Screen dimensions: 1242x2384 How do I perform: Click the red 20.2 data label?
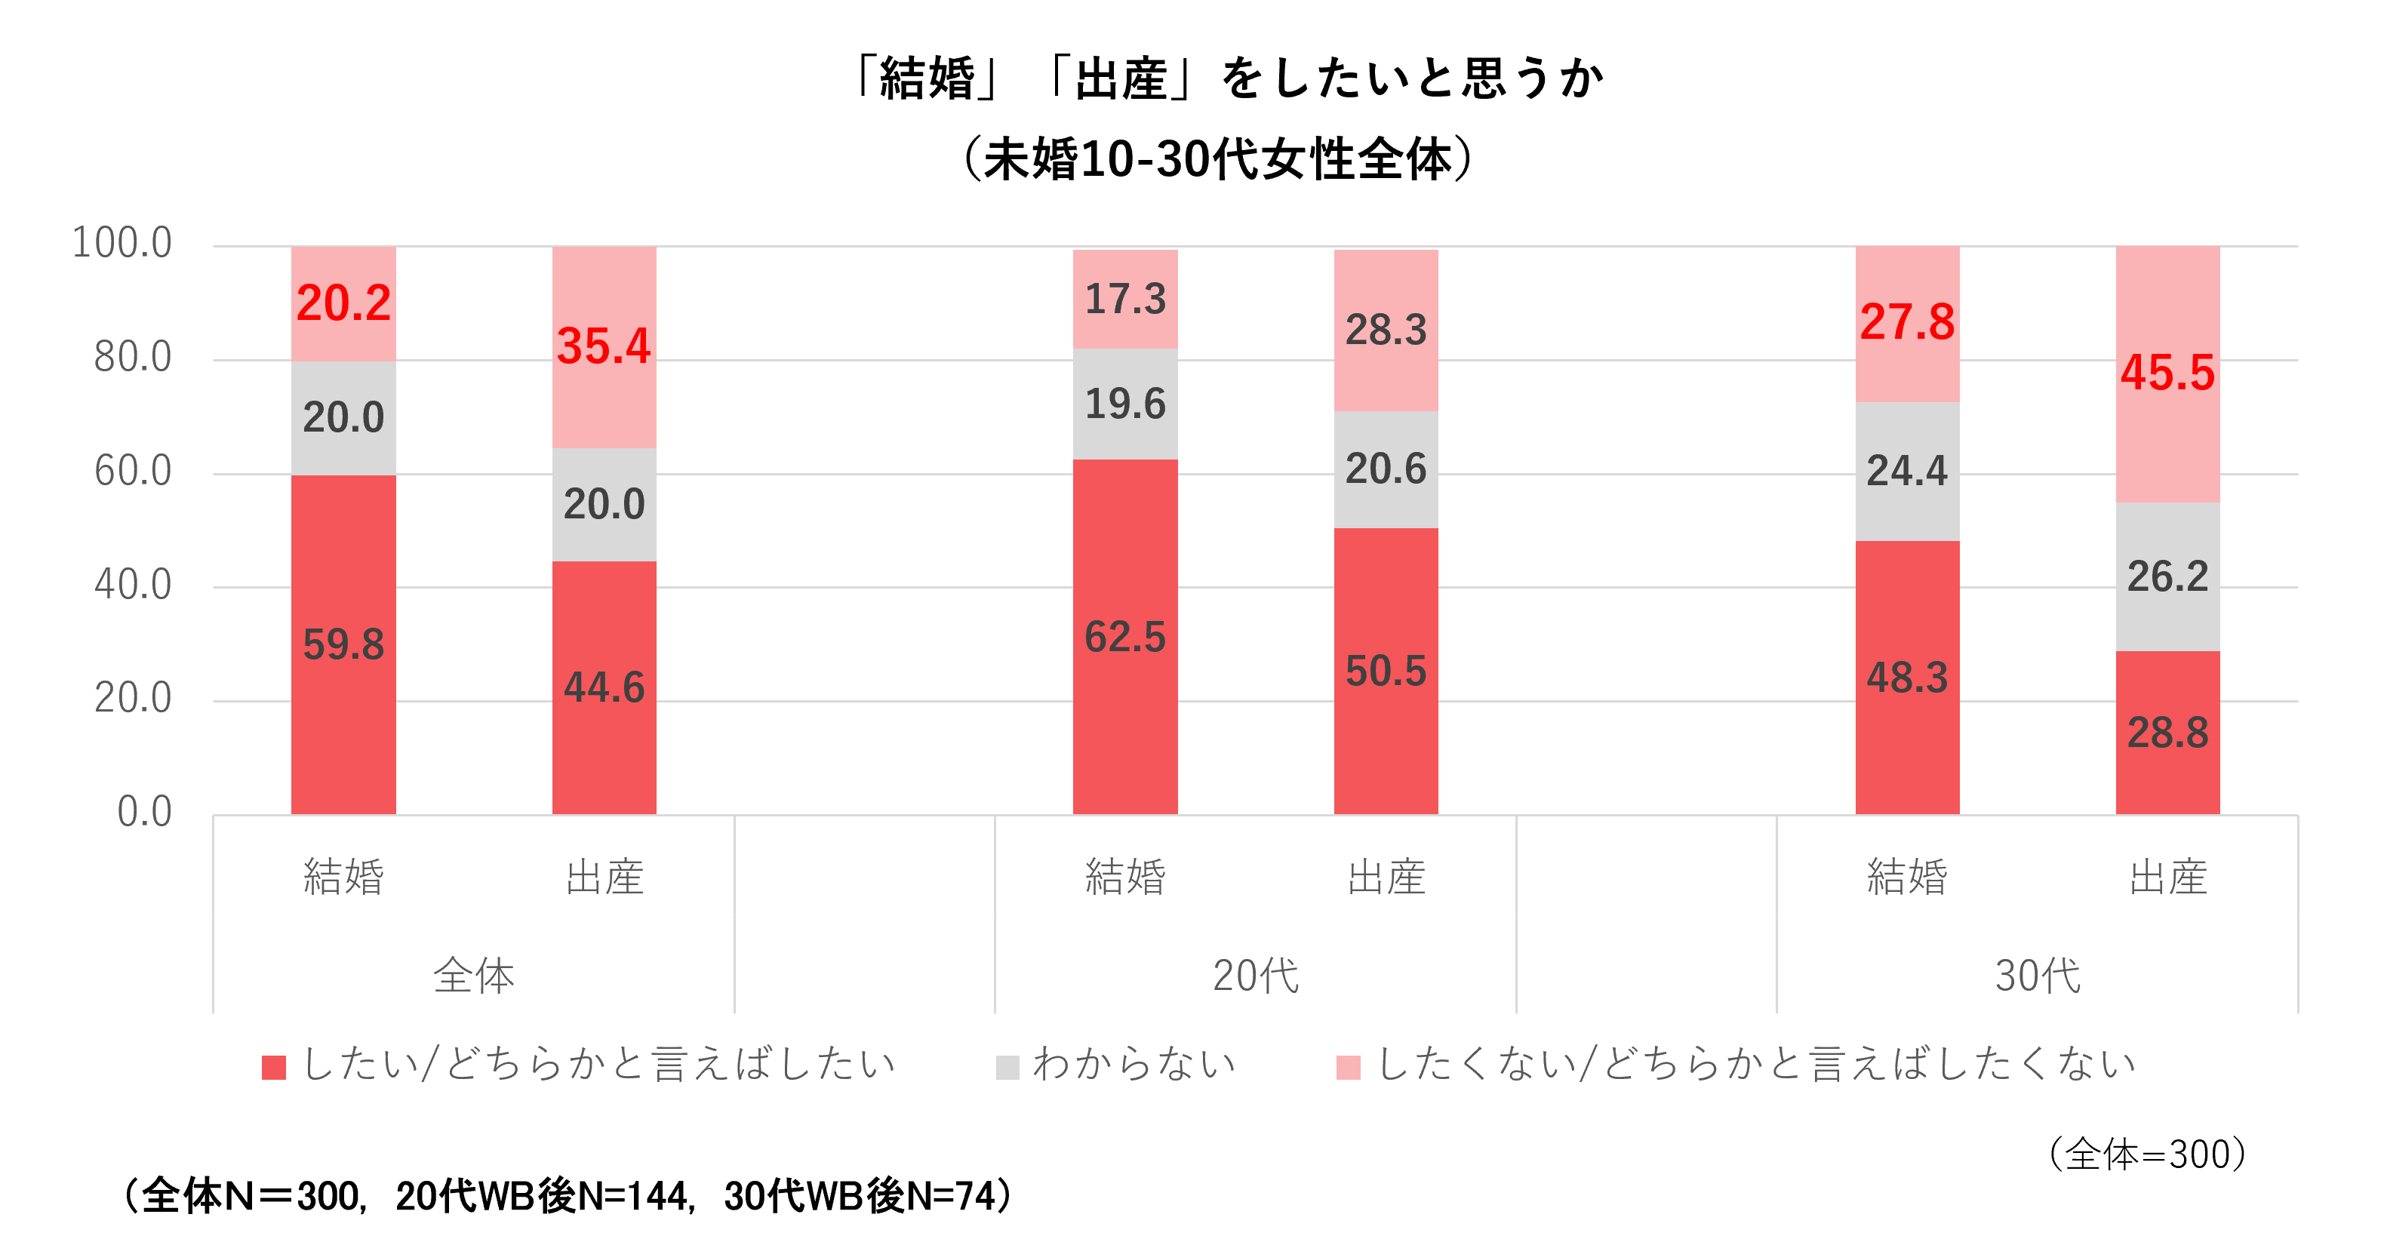343,303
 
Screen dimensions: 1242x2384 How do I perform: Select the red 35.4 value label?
604,346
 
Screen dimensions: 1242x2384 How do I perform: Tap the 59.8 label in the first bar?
343,644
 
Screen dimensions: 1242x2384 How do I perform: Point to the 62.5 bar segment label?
1124,637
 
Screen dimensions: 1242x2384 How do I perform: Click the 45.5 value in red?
2167,373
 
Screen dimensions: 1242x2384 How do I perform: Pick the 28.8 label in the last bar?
2167,733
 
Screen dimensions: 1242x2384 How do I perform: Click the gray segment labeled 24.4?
1906,470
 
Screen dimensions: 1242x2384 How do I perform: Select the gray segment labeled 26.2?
2167,576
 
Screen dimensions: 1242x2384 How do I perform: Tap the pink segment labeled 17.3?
1124,299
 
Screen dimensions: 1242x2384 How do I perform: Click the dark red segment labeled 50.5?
1386,671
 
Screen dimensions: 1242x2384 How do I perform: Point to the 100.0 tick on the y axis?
122,244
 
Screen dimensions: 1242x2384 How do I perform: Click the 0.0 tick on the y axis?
144,812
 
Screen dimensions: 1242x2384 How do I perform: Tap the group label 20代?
1256,976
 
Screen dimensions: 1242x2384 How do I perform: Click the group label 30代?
2038,976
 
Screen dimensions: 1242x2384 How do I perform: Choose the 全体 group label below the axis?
474,976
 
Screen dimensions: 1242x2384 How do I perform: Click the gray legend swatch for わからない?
1007,1067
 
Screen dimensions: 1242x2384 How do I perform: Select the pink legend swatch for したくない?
1349,1067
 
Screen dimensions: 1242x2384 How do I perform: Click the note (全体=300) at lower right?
2147,1154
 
